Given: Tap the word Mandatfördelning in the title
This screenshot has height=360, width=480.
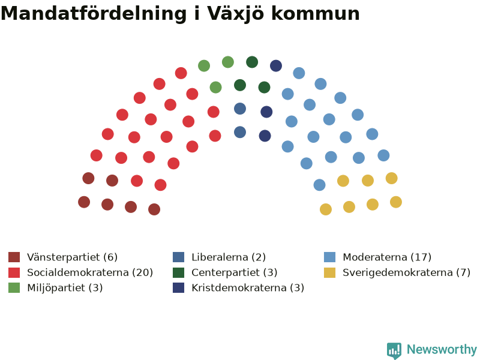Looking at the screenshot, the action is click(x=94, y=13).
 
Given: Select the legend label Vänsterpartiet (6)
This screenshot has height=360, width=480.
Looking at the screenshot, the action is click(x=72, y=257).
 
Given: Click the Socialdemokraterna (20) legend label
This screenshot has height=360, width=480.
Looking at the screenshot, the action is click(x=90, y=272).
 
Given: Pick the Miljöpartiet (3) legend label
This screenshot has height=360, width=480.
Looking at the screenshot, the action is click(x=65, y=288).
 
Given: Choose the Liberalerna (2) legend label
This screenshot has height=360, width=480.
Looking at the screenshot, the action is click(x=229, y=257).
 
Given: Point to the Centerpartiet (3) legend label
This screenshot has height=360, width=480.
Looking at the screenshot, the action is click(x=235, y=272).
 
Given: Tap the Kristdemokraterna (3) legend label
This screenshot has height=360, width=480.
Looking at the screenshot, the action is click(x=248, y=288).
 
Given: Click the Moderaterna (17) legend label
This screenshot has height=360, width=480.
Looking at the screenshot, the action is click(x=387, y=257).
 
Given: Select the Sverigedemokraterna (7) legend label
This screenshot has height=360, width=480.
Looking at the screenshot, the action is click(x=407, y=272).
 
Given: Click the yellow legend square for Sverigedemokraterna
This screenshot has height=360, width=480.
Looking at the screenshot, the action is click(x=329, y=272).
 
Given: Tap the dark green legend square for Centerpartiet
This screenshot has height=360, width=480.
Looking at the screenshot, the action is click(x=178, y=272).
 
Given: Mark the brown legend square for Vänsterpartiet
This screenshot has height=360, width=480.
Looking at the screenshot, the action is click(x=14, y=257).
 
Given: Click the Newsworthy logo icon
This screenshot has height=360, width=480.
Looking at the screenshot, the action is click(x=394, y=350).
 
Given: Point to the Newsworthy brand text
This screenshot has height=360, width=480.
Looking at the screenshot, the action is click(x=442, y=349).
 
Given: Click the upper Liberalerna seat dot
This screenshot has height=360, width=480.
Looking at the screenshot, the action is click(x=240, y=109).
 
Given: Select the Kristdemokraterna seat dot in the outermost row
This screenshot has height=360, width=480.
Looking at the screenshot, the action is click(x=276, y=66).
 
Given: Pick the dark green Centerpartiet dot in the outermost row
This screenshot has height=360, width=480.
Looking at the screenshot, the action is click(x=252, y=62).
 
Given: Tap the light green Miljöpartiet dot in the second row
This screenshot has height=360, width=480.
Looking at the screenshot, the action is click(x=215, y=88).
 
